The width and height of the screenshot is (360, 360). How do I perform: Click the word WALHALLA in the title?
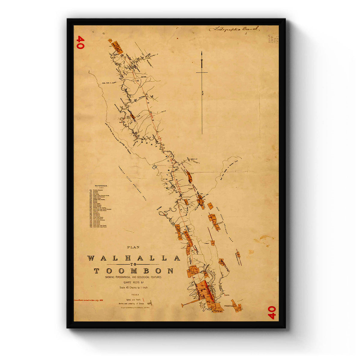coord(133,258)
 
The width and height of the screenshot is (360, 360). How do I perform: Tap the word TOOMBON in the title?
coord(133,271)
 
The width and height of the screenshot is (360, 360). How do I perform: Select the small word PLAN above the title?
coord(133,247)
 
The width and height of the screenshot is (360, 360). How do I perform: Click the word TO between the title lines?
coord(133,265)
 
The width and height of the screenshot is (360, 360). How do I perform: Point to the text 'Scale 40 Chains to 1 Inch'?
coord(133,287)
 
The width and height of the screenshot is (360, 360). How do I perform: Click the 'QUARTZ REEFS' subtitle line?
coord(133,282)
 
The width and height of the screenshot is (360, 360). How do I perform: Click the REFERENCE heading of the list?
coord(101,186)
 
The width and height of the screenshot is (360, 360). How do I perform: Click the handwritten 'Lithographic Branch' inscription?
coord(234,29)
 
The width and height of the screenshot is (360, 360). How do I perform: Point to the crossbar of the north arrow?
coord(202,73)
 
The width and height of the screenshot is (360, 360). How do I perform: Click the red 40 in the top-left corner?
coord(80,42)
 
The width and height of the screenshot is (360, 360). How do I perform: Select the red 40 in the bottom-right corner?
coord(271,312)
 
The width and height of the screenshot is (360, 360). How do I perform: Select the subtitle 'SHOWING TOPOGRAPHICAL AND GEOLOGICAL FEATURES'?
coord(133,277)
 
